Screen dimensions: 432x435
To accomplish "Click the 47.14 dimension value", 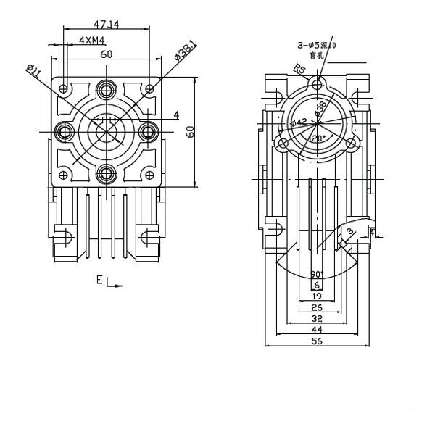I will [107, 24].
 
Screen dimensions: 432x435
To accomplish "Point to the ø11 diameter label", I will [33, 72].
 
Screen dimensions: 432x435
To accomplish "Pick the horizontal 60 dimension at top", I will [107, 54].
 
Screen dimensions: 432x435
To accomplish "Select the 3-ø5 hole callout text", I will [318, 46].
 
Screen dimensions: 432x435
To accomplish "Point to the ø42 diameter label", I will [298, 122].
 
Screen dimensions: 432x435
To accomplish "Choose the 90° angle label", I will [317, 274].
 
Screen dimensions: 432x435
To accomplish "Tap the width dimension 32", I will [317, 318].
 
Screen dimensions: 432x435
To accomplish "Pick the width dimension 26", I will [317, 307].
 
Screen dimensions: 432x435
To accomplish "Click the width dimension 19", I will [317, 296].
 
